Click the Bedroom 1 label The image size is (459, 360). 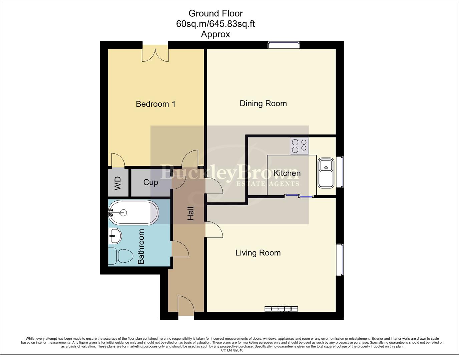155,104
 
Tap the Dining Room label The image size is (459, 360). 263,103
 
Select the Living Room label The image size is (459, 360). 258,253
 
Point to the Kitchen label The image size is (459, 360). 287,173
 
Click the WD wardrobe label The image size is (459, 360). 118,183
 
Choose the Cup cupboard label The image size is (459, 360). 150,182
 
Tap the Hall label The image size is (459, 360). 190,213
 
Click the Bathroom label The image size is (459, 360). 141,246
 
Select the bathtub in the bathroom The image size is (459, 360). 133,212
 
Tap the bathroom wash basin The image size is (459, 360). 114,236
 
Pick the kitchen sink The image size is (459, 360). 326,173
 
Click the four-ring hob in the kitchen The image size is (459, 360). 299,146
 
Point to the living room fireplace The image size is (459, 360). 281,309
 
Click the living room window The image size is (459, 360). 340,259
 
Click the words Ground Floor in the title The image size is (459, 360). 215,13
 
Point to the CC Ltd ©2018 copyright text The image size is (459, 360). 232,350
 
